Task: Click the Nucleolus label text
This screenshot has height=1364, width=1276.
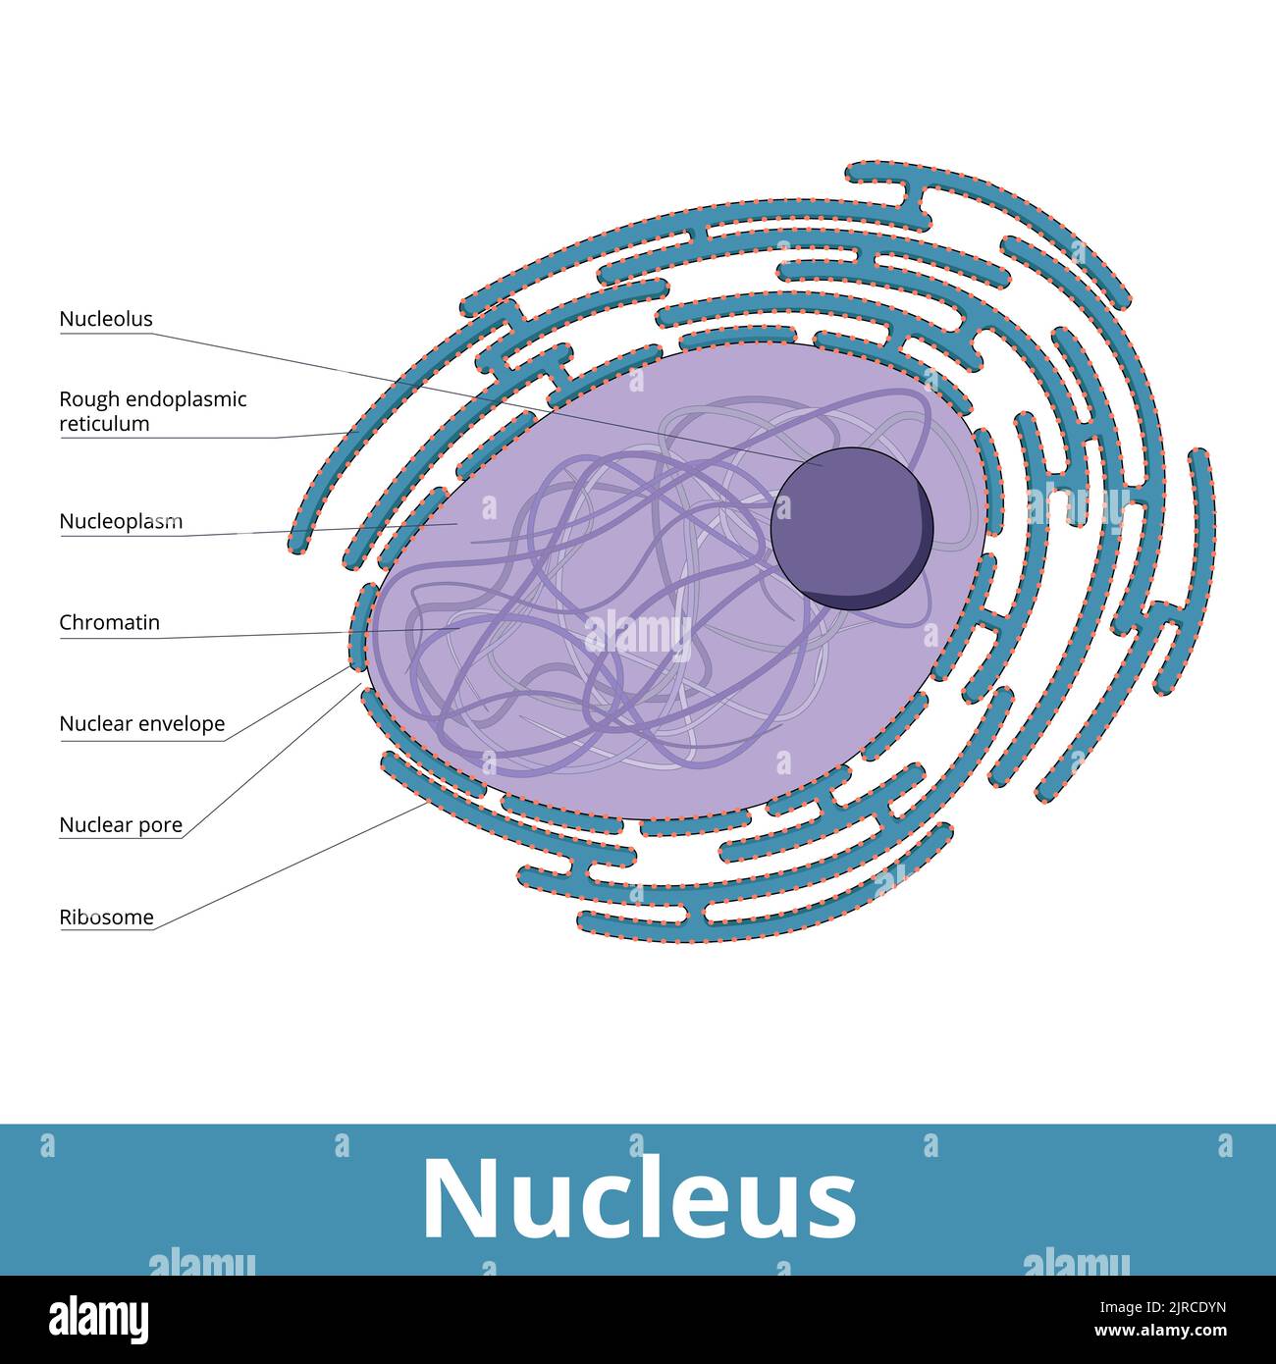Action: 106,319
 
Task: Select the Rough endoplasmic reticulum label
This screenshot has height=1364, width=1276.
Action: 152,411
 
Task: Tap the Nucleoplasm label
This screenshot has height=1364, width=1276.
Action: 121,521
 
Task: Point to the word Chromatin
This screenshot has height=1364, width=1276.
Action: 109,622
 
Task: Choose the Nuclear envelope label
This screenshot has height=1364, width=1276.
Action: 141,724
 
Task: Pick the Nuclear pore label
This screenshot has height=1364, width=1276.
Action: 121,825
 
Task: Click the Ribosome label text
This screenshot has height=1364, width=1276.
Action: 106,918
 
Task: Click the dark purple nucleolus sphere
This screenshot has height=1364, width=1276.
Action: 850,528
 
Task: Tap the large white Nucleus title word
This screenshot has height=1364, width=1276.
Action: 638,1199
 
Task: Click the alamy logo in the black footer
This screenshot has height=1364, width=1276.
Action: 99,1318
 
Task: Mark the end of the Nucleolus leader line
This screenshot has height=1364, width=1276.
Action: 823,465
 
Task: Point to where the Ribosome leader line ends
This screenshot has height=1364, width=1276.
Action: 429,803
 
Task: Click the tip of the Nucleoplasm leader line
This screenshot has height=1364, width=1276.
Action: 457,525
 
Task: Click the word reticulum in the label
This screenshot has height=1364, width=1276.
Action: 104,424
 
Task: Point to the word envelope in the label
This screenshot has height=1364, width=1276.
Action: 182,724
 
